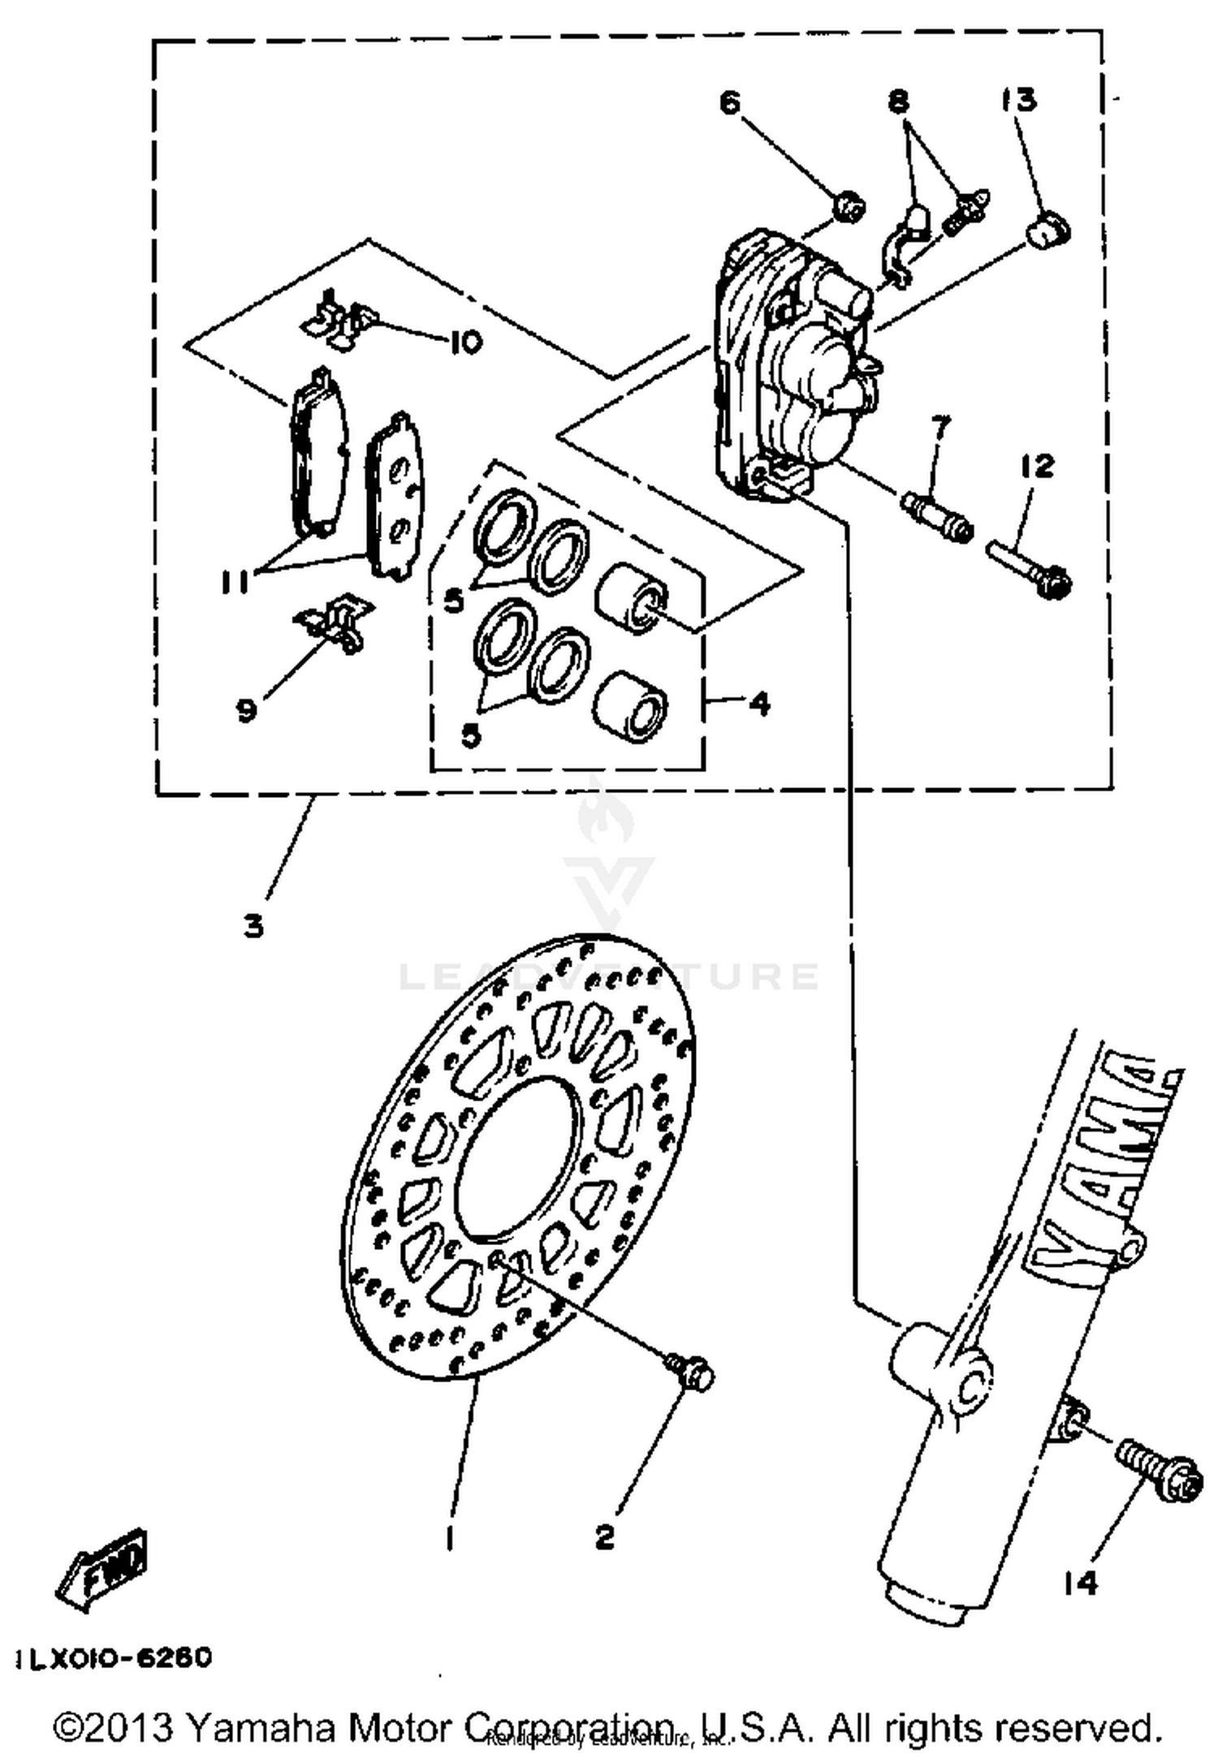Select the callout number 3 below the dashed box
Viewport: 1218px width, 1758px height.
254,926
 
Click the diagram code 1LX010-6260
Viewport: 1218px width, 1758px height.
113,1658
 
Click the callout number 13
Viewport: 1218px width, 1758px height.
1018,100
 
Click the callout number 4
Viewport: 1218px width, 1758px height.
758,703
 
